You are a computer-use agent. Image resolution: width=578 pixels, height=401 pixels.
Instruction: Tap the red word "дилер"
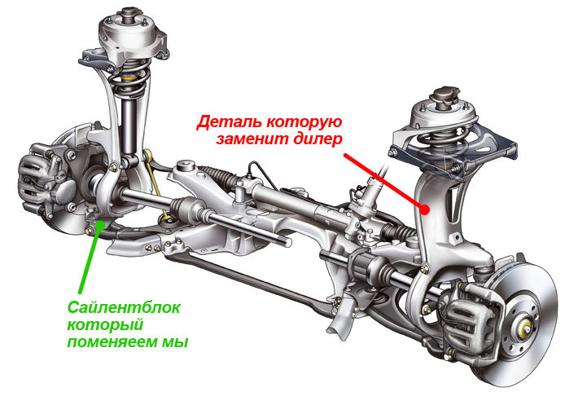pos(318,140)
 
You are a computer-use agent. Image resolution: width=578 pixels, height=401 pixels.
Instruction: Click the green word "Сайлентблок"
pos(125,307)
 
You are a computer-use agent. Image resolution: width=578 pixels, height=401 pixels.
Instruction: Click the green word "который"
pos(105,325)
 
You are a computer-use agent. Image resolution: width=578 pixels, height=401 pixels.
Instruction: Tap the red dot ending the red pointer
pos(425,210)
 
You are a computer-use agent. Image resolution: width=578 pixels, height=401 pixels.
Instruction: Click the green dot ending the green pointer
pos(100,224)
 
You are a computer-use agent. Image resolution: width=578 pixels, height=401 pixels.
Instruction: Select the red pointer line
pos(384,182)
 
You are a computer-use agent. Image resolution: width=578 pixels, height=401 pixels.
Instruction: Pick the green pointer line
pos(90,258)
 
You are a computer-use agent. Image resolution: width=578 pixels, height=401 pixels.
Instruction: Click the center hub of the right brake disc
pos(525,326)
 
